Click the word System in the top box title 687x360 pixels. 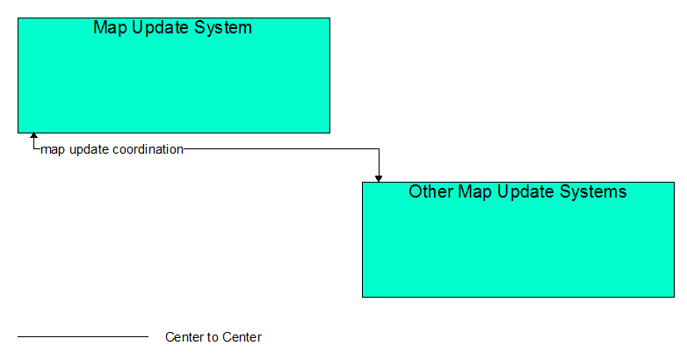[x=223, y=27]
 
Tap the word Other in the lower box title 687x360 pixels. [x=431, y=191]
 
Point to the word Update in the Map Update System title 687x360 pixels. [x=161, y=28]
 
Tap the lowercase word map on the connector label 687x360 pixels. [x=53, y=150]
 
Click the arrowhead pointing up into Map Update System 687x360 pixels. [x=33, y=136]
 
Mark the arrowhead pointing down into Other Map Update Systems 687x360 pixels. [x=379, y=179]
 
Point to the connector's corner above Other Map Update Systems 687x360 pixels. [x=379, y=149]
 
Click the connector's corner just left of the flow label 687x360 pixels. [x=33, y=149]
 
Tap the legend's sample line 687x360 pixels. [x=83, y=337]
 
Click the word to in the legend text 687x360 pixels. [x=213, y=337]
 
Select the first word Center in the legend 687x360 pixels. [x=184, y=337]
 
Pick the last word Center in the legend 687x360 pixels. [x=242, y=337]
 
